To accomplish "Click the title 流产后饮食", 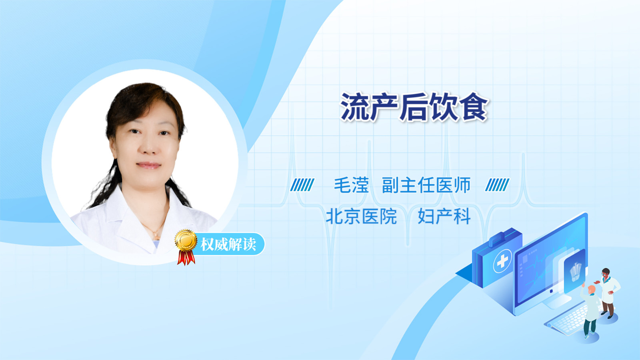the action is (x=414, y=106).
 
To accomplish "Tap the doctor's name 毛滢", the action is (x=351, y=185).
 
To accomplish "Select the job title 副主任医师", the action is (x=426, y=185).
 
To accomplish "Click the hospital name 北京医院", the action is (x=361, y=216).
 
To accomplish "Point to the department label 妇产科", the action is (x=444, y=216).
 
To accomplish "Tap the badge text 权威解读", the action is (x=228, y=244).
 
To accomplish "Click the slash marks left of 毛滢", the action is (x=302, y=185).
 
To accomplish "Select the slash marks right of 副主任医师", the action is (x=497, y=185).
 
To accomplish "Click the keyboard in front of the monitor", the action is (x=567, y=320).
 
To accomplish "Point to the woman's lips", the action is (x=148, y=165).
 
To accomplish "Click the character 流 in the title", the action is (x=354, y=106).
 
